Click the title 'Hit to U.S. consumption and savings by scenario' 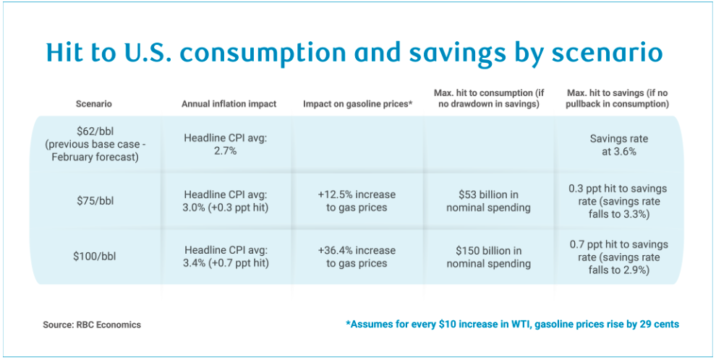coord(354,53)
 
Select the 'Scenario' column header coord(94,104)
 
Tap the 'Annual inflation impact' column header coord(229,104)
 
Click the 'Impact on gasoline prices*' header coord(357,104)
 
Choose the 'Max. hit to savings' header coord(618,98)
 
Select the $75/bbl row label coord(94,202)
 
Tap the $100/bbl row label coord(94,257)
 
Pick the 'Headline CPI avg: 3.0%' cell coord(226,202)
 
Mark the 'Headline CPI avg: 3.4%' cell coord(226,257)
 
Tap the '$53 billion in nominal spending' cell coord(488,202)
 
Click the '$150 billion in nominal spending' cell coord(488,257)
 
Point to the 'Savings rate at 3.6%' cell coord(618,145)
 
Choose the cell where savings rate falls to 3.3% coord(618,202)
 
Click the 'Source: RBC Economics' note coord(92,325)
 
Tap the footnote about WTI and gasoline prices coord(513,325)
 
